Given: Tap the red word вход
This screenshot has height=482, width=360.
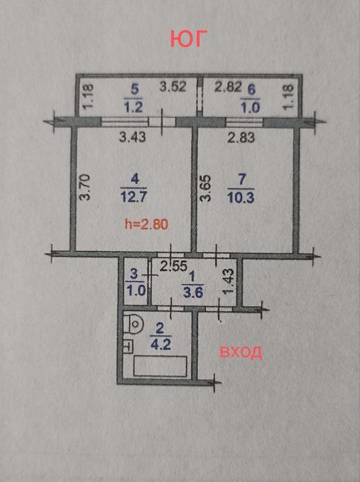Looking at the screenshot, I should pyautogui.click(x=241, y=352).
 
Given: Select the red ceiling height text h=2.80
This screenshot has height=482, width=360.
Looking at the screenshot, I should pyautogui.click(x=146, y=223).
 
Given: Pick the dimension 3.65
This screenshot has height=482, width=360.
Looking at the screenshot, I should pyautogui.click(x=203, y=187).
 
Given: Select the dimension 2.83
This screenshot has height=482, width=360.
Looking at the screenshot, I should pyautogui.click(x=241, y=137).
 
